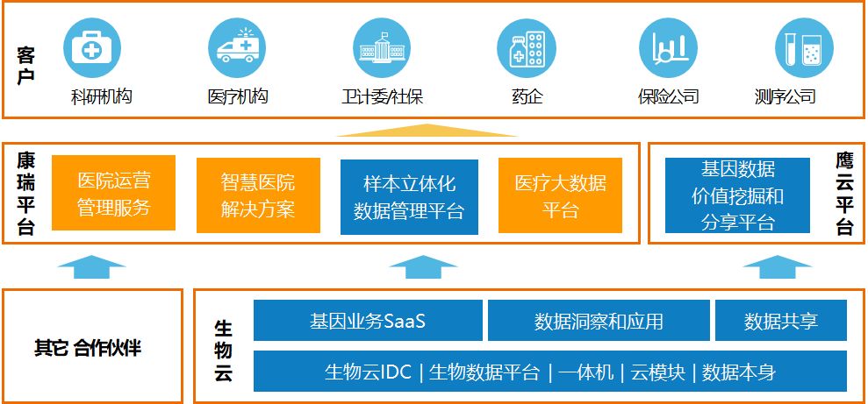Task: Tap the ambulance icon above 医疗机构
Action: coord(237,48)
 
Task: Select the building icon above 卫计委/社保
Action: coord(382,48)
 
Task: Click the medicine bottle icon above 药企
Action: coord(527,48)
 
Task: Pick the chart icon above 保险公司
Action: coord(668,48)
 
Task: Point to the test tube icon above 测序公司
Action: coord(804,48)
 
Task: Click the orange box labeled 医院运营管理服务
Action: coord(113,194)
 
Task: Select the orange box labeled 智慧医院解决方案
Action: coord(258,195)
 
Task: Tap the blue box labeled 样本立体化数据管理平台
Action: coord(409,197)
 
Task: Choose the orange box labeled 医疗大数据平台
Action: coord(560,195)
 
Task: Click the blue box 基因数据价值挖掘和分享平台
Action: coord(737,195)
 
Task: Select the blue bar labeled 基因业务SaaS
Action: coord(368,321)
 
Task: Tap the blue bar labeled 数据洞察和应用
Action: coord(599,321)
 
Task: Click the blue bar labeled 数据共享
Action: coord(780,321)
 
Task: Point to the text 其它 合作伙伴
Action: coord(87,348)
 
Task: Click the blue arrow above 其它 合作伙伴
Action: coord(92,266)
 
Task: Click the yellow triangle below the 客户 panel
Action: coord(427,131)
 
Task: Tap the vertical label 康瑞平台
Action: coord(26,194)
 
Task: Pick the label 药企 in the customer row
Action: coord(527,96)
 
